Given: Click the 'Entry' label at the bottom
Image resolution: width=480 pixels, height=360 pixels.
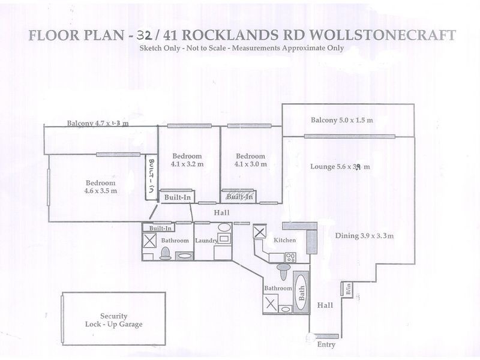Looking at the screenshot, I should [x=325, y=345].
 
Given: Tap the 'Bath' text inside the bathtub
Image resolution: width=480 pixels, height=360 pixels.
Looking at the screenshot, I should [x=302, y=292].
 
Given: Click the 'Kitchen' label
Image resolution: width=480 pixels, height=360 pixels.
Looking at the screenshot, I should [x=284, y=240].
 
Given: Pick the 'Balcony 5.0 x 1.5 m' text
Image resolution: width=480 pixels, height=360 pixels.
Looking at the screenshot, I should [x=341, y=121].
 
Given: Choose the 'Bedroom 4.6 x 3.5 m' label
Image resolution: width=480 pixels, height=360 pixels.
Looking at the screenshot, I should [x=100, y=187].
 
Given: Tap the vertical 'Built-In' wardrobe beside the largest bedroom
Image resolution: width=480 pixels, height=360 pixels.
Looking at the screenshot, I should [x=151, y=175].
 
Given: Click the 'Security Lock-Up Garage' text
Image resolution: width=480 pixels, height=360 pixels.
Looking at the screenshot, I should [x=113, y=320].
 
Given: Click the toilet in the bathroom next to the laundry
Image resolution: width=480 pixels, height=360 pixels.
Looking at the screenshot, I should [x=165, y=254].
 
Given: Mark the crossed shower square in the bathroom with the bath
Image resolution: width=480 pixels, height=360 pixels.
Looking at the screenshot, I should [x=271, y=304].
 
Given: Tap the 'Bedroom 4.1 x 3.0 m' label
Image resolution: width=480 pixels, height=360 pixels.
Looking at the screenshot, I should [x=250, y=160].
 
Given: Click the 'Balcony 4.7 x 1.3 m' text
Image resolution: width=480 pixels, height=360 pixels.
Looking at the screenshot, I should [x=98, y=124].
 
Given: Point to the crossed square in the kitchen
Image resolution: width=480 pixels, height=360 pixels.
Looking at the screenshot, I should [x=260, y=232].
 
